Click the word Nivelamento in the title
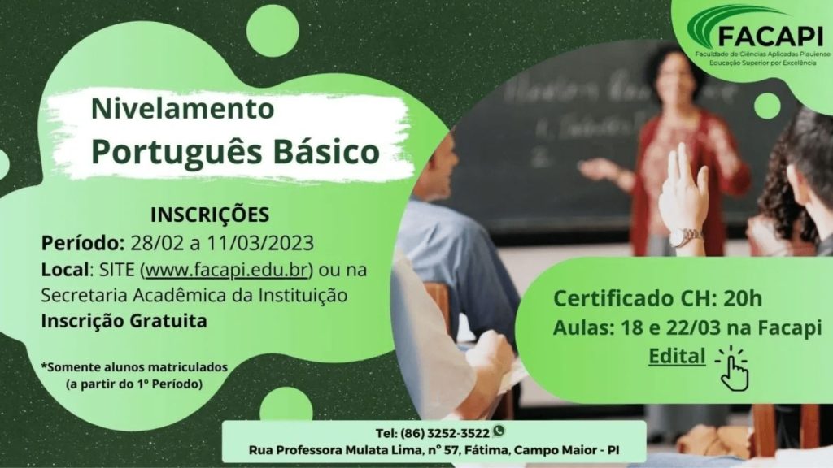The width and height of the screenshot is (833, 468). point(183,108)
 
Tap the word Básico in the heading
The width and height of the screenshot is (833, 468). point(327,152)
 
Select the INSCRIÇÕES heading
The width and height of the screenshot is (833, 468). point(210,214)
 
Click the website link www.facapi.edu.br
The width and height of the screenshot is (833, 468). point(227,270)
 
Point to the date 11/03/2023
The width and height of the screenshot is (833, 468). point(260,243)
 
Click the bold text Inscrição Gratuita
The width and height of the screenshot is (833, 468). point(124,321)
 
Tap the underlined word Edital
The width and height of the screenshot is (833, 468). point(677,356)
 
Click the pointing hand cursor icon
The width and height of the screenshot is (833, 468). point(733,370)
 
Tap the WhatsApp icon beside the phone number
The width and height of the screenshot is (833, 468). point(499,431)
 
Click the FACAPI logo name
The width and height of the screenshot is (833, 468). point(770,37)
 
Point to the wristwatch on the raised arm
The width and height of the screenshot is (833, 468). point(685,237)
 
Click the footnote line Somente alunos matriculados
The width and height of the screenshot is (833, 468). point(135,367)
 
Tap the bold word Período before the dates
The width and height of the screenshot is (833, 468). point(83,243)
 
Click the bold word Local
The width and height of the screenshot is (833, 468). point(64,270)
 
